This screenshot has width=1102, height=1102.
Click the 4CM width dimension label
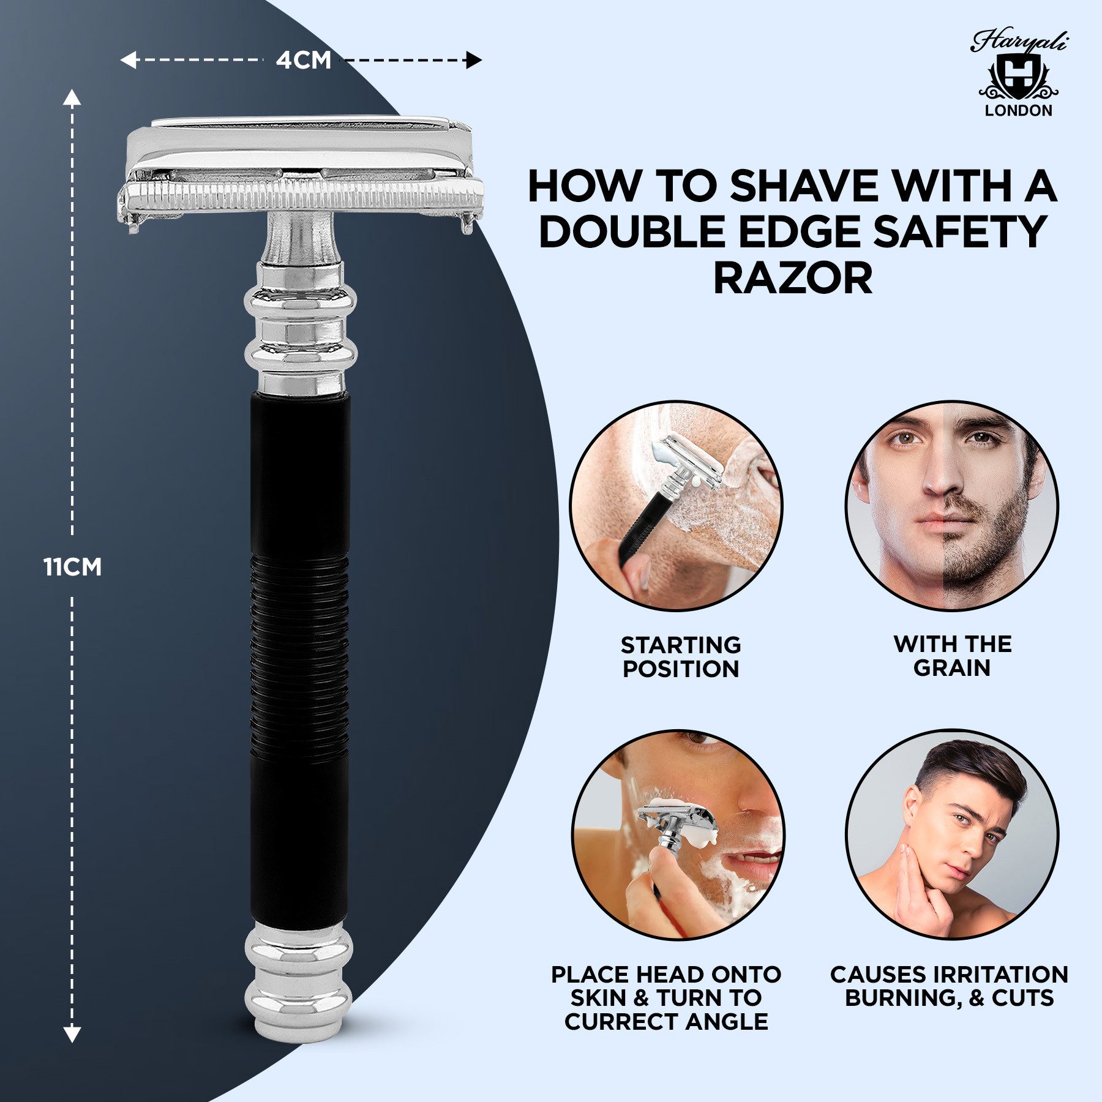[x=303, y=60]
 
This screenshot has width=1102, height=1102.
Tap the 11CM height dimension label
[x=72, y=567]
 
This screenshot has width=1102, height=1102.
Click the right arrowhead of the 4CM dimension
[x=474, y=60]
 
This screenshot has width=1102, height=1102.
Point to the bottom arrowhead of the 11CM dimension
[x=72, y=1034]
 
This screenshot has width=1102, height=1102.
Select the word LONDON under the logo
[x=1018, y=111]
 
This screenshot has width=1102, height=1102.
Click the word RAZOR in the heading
[x=793, y=279]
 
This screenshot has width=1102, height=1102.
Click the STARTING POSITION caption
[x=681, y=657]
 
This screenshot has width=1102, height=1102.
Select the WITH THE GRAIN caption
[x=952, y=656]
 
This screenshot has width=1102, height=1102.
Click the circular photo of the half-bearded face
[x=952, y=506]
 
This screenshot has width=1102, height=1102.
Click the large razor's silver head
[x=300, y=171]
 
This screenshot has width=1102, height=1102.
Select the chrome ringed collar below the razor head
[x=300, y=328]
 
